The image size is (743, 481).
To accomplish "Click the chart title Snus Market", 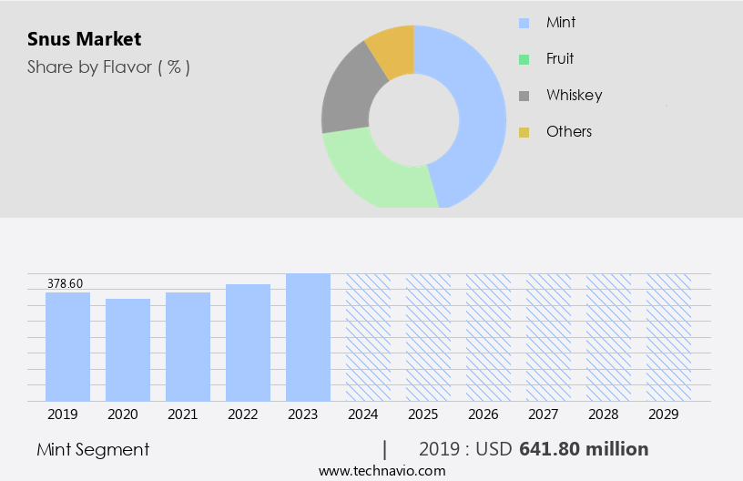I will [x=83, y=39].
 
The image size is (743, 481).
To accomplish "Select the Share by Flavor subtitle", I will [x=108, y=67].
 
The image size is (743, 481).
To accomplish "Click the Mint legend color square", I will [x=524, y=23].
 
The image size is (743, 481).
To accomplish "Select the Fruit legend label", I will [x=560, y=58].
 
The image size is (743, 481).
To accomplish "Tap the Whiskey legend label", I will [x=574, y=95].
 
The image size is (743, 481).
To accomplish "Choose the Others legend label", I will [x=569, y=131].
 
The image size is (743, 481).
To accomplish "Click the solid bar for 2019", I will [x=67, y=346].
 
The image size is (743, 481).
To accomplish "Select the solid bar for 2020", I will [x=127, y=350].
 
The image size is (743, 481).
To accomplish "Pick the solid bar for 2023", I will [x=308, y=337].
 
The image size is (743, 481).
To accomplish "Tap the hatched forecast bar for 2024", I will [x=368, y=337].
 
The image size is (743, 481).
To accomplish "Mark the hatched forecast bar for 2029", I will [x=668, y=337].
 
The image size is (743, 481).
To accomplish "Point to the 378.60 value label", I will [x=65, y=284].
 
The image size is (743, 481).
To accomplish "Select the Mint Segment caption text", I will [x=93, y=449].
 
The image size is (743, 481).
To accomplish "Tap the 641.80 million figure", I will [x=584, y=449].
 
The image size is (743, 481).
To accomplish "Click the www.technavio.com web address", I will [x=382, y=471].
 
